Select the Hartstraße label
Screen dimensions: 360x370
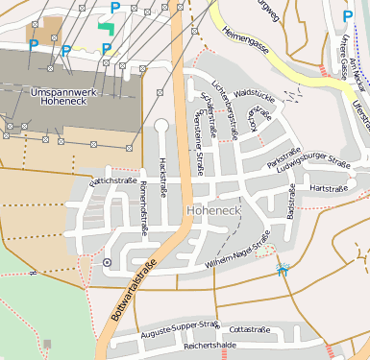click(x=329, y=188)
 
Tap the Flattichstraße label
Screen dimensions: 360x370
click(x=113, y=180)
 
